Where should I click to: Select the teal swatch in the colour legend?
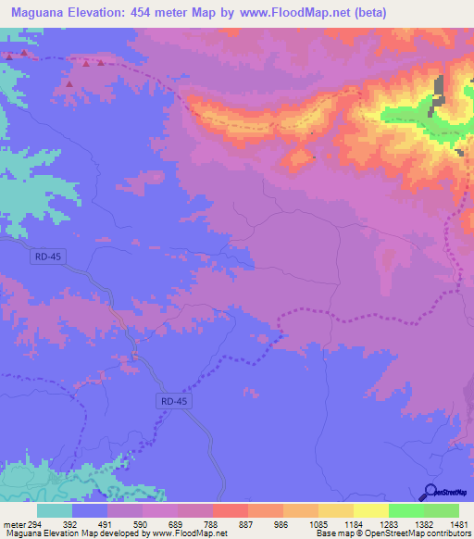point(55,510)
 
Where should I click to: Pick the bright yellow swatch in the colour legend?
point(371,510)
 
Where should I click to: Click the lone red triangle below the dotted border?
point(69,84)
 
